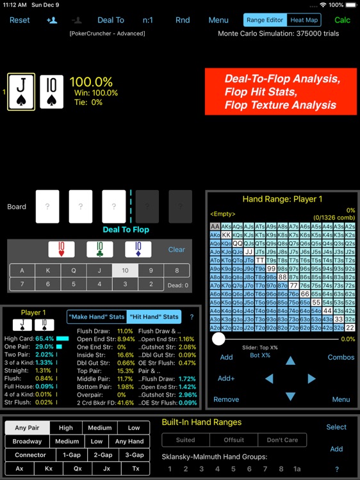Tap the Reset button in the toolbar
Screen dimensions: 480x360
pyautogui.click(x=19, y=20)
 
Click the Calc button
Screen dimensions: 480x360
pyautogui.click(x=343, y=20)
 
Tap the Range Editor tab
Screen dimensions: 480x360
pyautogui.click(x=265, y=20)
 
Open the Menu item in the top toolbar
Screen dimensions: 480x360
pyautogui.click(x=218, y=20)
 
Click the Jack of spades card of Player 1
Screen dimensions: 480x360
pyautogui.click(x=20, y=92)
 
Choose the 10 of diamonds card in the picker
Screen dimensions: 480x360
pyautogui.click(x=138, y=249)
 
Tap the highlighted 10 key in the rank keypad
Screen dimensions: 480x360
pyautogui.click(x=125, y=271)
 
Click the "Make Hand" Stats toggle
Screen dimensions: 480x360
pyautogui.click(x=96, y=317)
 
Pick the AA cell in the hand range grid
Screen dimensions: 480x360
pyautogui.click(x=215, y=227)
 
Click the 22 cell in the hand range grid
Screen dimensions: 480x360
pyautogui.click(x=350, y=328)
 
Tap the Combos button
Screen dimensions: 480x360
pyautogui.click(x=341, y=357)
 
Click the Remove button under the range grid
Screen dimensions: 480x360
pyautogui.click(x=226, y=399)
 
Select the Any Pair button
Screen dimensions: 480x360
pyautogui.click(x=30, y=428)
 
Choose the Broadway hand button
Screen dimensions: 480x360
pyautogui.click(x=27, y=441)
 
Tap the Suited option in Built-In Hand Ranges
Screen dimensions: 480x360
pyautogui.click(x=185, y=440)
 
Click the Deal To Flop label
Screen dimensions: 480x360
pyautogui.click(x=126, y=230)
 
